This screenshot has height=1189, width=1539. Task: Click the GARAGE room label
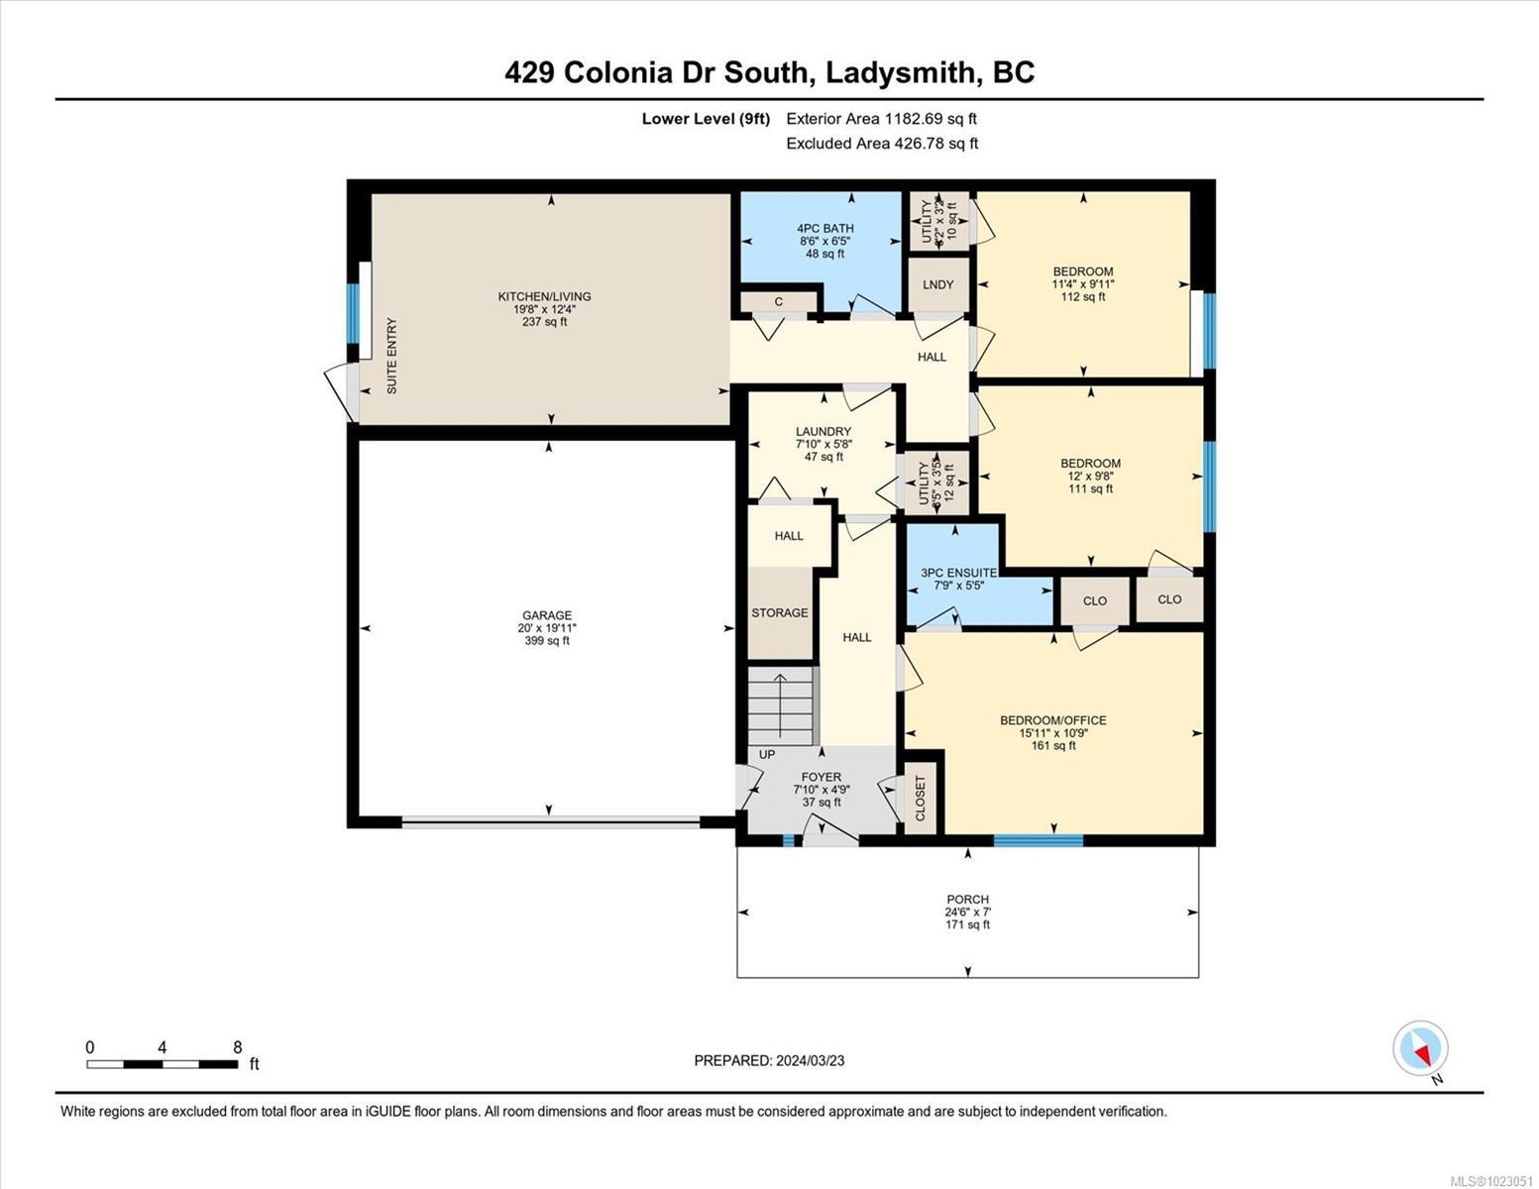coord(548,615)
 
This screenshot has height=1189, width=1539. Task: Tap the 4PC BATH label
coord(824,229)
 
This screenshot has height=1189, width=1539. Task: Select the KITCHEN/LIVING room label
coord(544,296)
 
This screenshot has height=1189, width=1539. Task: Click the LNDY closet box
coord(937,285)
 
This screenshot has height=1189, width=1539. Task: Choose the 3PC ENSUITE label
coord(958,573)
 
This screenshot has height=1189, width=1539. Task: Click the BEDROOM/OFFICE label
coord(1052,720)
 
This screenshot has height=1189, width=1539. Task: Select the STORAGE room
coord(779,613)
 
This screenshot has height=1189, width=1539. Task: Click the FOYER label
coord(821,778)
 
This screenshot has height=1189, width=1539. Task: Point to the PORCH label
coord(967,900)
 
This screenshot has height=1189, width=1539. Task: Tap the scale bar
coord(163,1064)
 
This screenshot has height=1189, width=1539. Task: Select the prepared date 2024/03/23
coord(769,1061)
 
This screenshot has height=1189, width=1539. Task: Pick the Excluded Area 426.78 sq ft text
coord(881,144)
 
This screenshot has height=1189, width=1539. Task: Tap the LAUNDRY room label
coord(823,432)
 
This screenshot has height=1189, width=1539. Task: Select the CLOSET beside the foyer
coord(920,798)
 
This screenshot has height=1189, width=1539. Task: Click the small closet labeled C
coord(779,301)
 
